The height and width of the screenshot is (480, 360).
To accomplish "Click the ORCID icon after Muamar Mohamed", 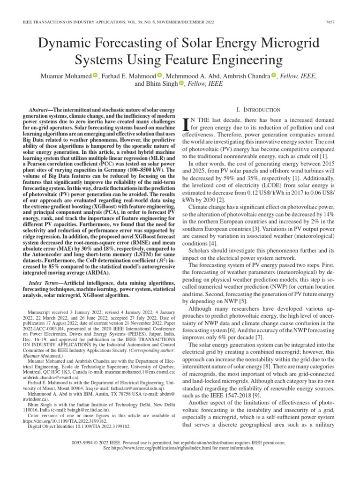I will [x=95, y=76].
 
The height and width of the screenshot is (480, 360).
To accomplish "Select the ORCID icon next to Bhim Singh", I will [x=181, y=84].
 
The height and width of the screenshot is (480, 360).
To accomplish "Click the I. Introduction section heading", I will [x=253, y=109].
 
